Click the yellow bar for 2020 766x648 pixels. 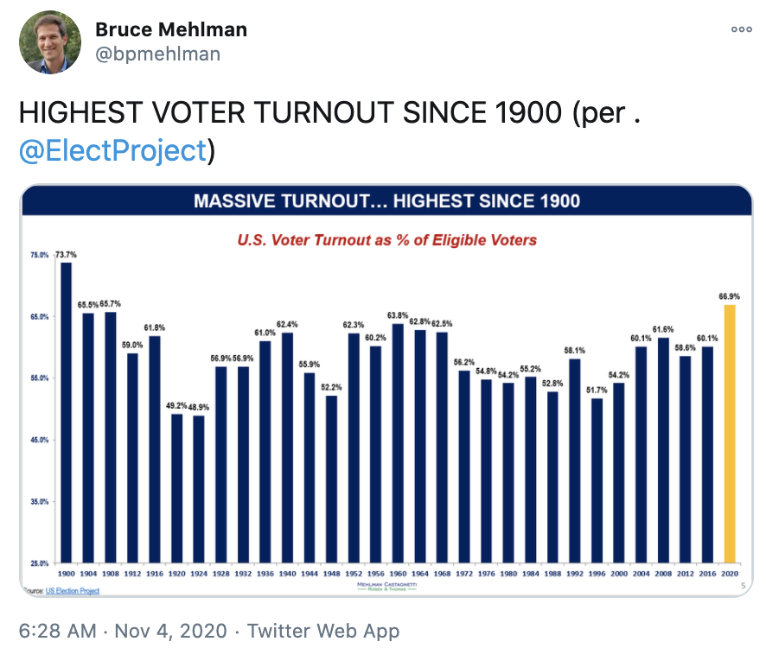pos(730,432)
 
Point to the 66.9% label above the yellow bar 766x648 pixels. pos(730,295)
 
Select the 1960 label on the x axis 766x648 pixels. pos(398,573)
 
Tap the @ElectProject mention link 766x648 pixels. pos(112,150)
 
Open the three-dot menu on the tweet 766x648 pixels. pos(741,30)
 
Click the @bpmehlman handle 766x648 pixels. pos(157,54)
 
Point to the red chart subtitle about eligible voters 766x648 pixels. pos(386,239)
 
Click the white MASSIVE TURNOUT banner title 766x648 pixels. pos(386,201)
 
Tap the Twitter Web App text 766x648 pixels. pos(323,632)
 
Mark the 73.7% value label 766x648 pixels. pos(67,254)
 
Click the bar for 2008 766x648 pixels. pos(663,449)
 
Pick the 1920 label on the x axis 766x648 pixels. pos(176,573)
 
